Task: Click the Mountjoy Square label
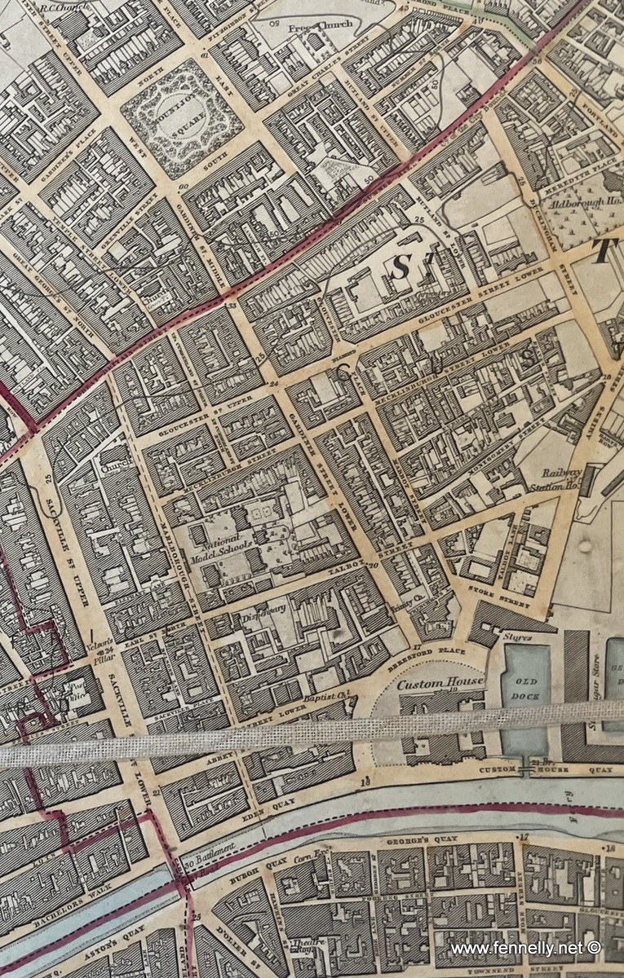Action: point(181,118)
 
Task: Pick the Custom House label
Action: point(440,682)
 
